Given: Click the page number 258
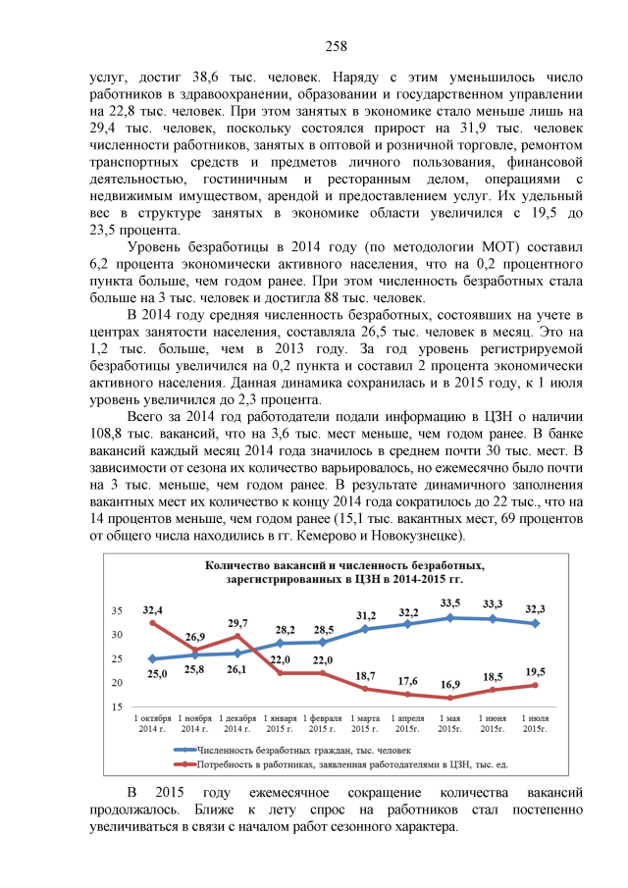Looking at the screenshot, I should click(x=336, y=46).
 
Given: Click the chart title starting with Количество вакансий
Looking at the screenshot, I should click(x=346, y=572).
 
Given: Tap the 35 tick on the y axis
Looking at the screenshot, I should click(x=116, y=610).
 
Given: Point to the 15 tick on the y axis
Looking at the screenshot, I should click(x=116, y=706).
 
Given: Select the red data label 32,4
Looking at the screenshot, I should click(x=152, y=609).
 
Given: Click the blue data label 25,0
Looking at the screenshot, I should click(x=156, y=673).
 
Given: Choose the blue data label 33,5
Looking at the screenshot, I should click(x=450, y=602).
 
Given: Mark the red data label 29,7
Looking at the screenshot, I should click(x=236, y=623).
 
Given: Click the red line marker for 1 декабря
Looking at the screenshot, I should click(x=236, y=636).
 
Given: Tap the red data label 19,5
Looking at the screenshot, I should click(x=536, y=671).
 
